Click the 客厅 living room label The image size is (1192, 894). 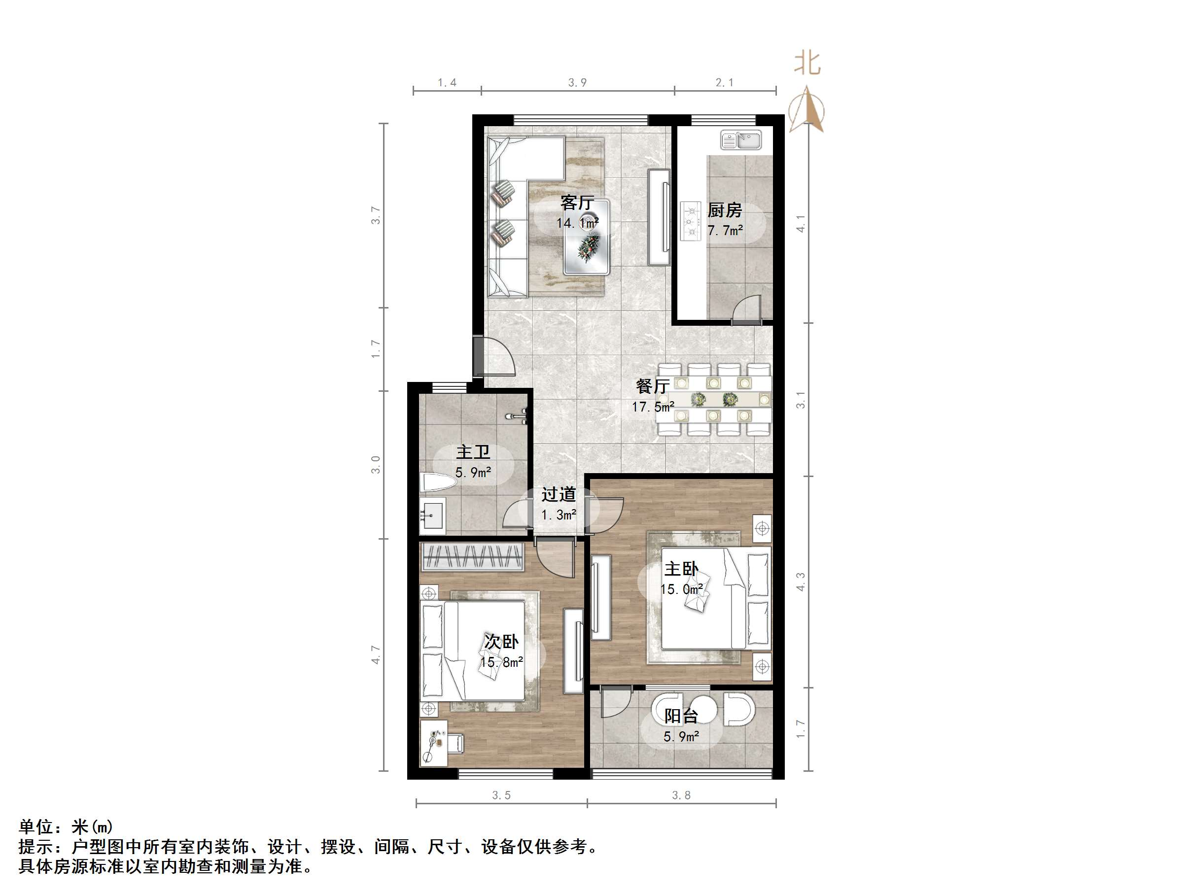point(577,203)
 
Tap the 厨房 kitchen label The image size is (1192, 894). point(725,209)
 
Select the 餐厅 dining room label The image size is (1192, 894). point(653,386)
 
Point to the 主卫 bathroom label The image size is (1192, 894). point(473,451)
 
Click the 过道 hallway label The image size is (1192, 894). point(559,494)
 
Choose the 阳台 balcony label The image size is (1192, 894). point(681,716)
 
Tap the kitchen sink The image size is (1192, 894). point(740,140)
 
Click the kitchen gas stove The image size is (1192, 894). point(690,221)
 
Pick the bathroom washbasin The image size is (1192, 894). point(432,515)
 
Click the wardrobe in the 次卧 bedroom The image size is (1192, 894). point(473,557)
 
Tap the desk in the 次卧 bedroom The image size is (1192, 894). point(433,743)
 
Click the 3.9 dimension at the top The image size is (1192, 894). point(577,82)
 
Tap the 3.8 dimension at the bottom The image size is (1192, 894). point(681,795)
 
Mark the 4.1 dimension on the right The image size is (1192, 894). point(801,224)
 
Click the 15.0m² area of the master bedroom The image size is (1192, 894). point(681,589)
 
